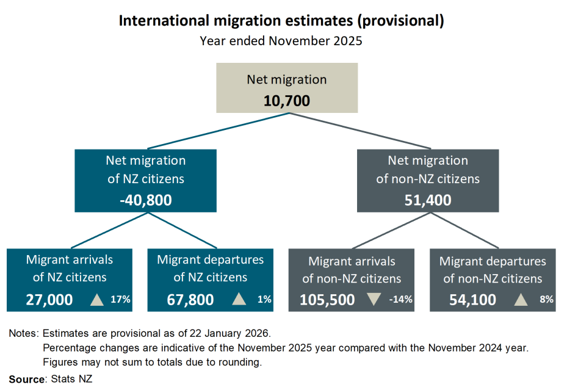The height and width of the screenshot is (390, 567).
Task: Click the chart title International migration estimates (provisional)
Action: click(x=281, y=21)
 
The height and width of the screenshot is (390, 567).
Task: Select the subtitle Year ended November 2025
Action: click(x=281, y=42)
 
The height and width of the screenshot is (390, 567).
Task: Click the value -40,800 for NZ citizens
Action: click(x=146, y=200)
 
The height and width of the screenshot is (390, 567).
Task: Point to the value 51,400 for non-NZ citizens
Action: click(x=427, y=200)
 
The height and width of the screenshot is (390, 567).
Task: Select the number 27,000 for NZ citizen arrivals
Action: click(x=49, y=300)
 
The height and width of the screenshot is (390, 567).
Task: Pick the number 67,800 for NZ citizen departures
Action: click(x=190, y=300)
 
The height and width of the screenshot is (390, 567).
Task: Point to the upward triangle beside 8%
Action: click(x=521, y=300)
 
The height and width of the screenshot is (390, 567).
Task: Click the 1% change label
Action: click(x=264, y=300)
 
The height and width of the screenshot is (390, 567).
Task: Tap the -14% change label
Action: click(x=400, y=300)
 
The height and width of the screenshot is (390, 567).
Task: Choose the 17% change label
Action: click(x=121, y=300)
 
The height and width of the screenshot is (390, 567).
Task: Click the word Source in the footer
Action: click(x=27, y=379)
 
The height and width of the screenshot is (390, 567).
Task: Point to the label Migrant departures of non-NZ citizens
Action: click(x=493, y=270)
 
